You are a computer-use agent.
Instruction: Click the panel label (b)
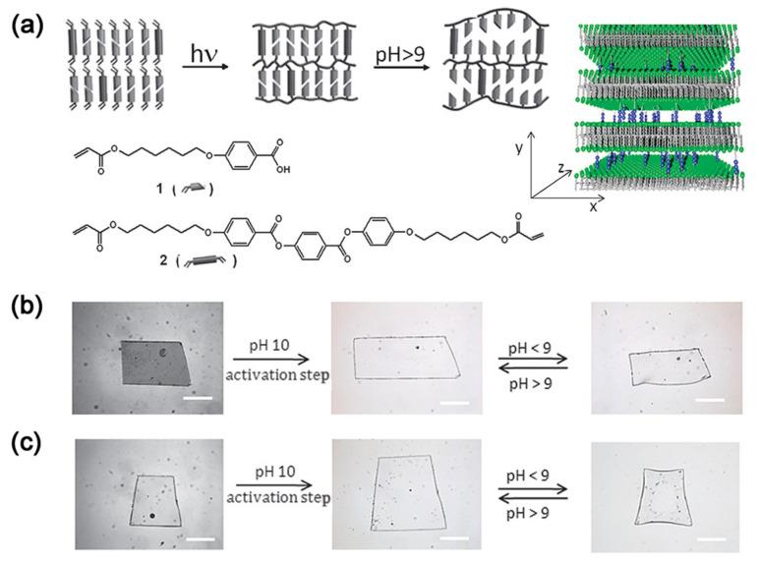pyautogui.click(x=28, y=308)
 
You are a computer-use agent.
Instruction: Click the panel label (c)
pyautogui.click(x=28, y=445)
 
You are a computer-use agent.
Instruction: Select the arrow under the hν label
pyautogui.click(x=205, y=67)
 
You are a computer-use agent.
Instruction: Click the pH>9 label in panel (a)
pyautogui.click(x=400, y=54)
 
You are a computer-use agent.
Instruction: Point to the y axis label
pyautogui.click(x=519, y=148)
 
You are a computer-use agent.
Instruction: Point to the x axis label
pyautogui.click(x=593, y=206)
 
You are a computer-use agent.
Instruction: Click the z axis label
pyautogui.click(x=561, y=168)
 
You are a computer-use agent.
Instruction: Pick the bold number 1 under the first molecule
pyautogui.click(x=159, y=189)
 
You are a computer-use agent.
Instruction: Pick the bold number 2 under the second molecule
pyautogui.click(x=163, y=260)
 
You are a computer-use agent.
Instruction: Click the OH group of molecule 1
pyautogui.click(x=284, y=170)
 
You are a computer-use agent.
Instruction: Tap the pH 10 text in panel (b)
pyautogui.click(x=269, y=345)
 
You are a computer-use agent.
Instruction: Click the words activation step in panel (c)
pyautogui.click(x=278, y=497)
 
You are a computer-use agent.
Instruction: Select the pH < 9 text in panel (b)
pyautogui.click(x=530, y=348)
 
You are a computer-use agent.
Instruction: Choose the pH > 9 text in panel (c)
pyautogui.click(x=528, y=513)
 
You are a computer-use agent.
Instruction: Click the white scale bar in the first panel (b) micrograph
pyautogui.click(x=198, y=398)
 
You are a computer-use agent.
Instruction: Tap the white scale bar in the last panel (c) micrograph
pyautogui.click(x=712, y=537)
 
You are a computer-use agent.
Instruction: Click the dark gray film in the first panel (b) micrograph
pyautogui.click(x=155, y=363)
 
